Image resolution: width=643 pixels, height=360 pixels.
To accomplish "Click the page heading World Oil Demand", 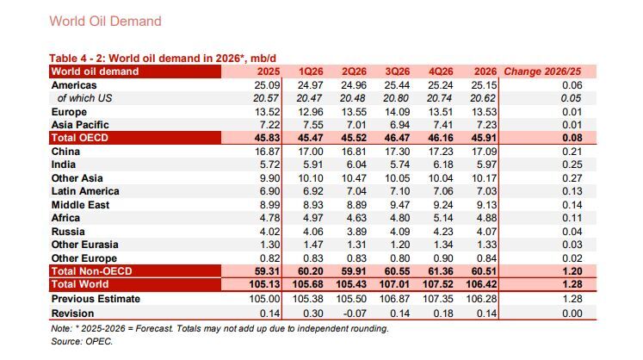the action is coord(105,21).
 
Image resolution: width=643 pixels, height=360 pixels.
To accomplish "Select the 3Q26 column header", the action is coord(398,71).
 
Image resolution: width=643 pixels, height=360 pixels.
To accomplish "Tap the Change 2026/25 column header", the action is coord(542,71).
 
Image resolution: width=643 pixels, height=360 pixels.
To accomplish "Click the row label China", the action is coord(65,152).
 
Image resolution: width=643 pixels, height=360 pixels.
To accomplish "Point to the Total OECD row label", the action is coord(79,138).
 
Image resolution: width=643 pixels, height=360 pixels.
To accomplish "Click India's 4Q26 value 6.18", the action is coord(443,164).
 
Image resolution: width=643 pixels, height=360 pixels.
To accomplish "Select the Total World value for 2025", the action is coord(264,284).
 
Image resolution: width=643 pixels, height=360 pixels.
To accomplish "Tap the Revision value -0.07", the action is coord(355,313).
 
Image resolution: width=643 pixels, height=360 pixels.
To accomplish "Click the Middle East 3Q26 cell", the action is coord(399,205).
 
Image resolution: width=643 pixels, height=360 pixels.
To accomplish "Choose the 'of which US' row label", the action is coord(84,98).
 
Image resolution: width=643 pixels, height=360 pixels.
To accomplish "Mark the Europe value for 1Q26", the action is coord(311,112).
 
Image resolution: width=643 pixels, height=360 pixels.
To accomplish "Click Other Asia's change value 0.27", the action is coord(572,178).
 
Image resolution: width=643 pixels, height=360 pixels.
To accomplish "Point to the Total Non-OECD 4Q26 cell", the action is coord(441,271).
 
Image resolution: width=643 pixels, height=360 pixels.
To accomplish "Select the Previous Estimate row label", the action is coord(96,299).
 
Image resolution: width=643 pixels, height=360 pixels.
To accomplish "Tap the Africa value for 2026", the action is coord(486,218).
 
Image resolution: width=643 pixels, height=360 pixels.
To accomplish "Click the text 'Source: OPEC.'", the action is coord(82,342).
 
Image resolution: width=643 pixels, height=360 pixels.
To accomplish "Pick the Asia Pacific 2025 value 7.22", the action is coord(269,125).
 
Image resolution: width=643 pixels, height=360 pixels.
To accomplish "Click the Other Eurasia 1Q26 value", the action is coord(313,245).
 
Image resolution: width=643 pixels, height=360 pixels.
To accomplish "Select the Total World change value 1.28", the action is coord(572,284).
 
